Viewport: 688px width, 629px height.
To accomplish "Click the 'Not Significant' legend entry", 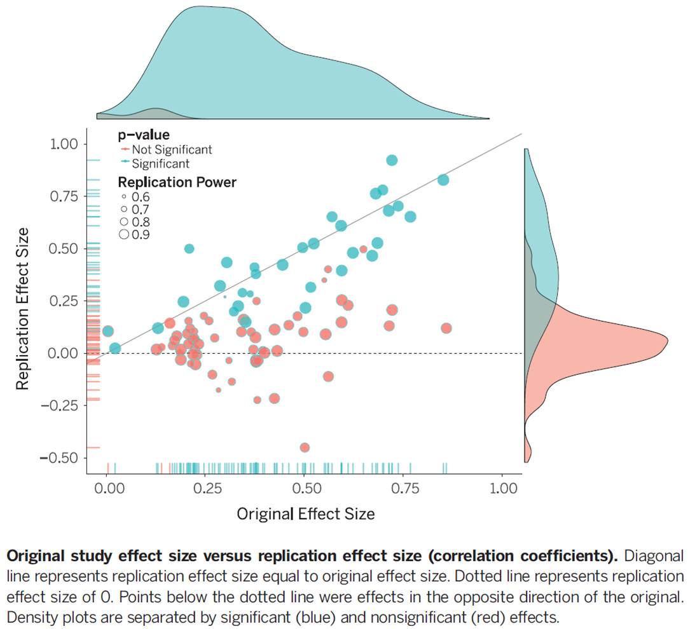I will click(171, 150).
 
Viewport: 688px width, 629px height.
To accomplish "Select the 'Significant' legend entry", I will click(160, 163).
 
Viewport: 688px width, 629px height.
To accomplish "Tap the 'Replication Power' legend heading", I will click(177, 182).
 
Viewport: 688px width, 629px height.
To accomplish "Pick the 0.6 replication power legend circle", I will click(123, 197).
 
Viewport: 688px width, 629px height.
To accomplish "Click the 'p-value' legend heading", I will click(143, 135).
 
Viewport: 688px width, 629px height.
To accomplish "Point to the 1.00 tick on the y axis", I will click(64, 144).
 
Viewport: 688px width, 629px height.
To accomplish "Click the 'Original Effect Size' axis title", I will click(305, 513).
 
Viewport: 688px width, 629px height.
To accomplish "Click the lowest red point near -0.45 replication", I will click(305, 447).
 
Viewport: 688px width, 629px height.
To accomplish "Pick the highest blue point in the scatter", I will click(392, 160).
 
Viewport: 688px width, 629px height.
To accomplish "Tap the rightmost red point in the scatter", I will click(446, 328).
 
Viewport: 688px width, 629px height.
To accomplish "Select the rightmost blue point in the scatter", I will click(443, 180).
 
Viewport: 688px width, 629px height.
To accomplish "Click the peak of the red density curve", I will click(666, 342).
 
